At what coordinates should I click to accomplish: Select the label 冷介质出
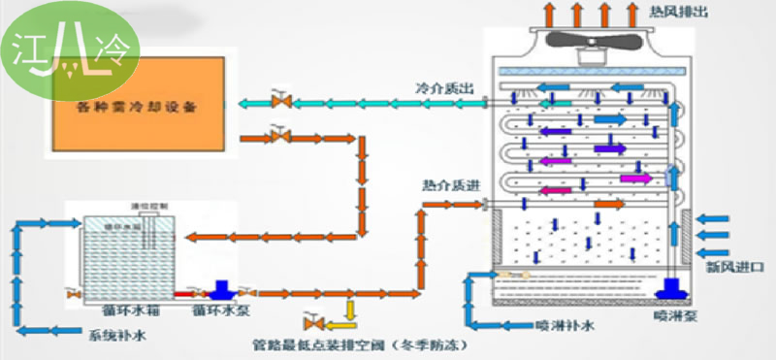(x=445, y=88)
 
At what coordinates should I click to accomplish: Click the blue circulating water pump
(x=220, y=289)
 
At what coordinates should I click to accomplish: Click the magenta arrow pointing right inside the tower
(x=635, y=179)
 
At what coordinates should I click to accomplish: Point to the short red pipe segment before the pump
(x=187, y=292)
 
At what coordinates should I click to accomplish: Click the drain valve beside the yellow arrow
(x=313, y=321)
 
